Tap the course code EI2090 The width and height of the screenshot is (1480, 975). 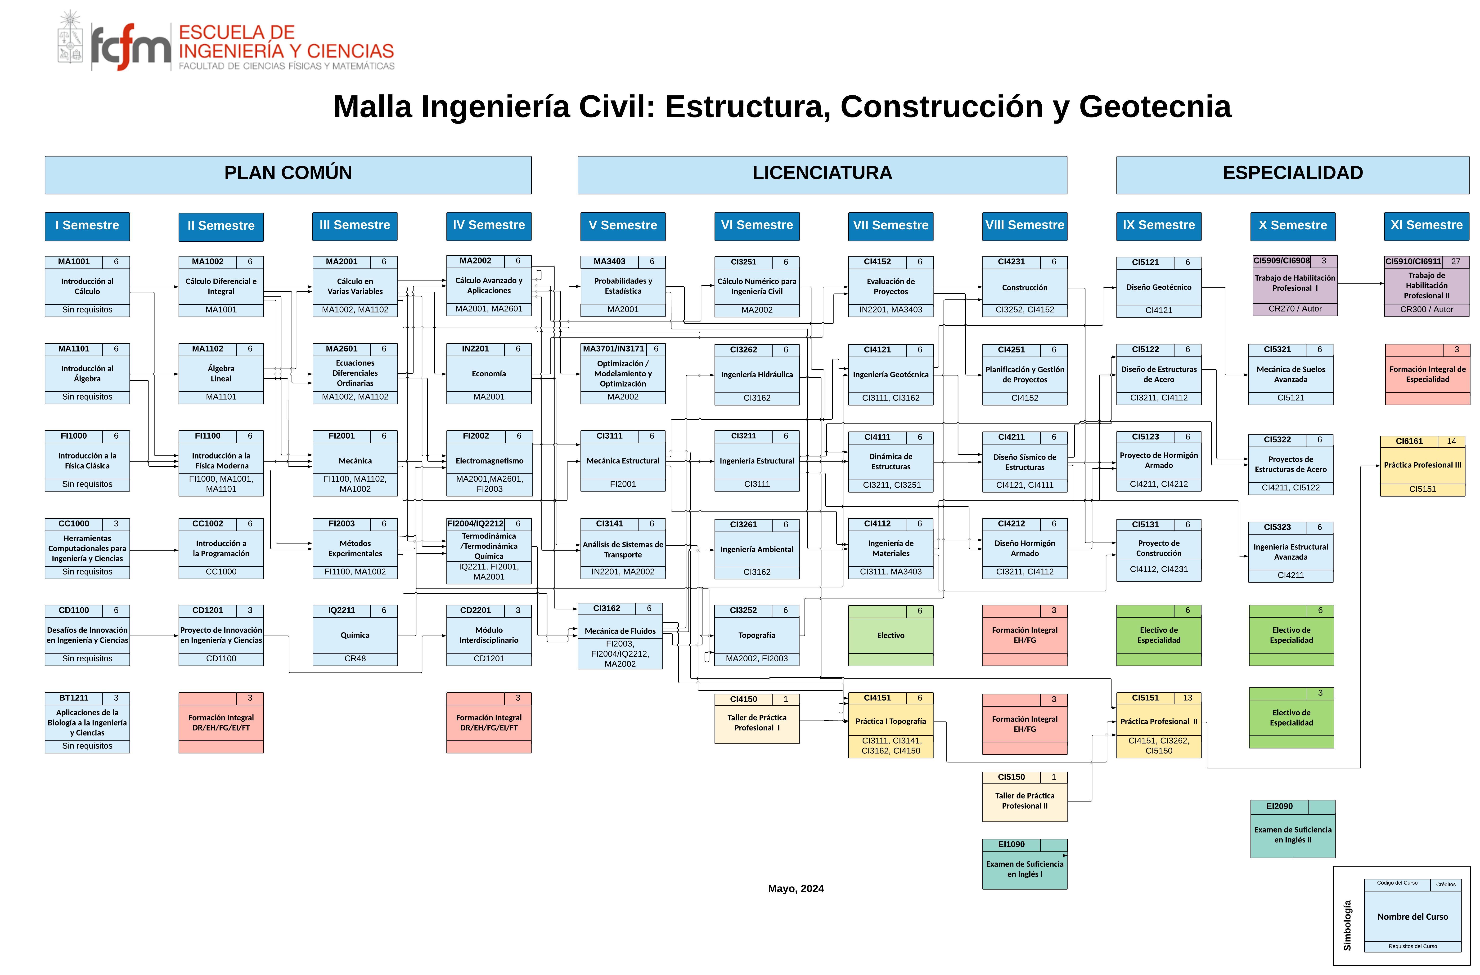[1279, 806]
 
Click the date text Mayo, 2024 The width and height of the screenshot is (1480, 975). [796, 889]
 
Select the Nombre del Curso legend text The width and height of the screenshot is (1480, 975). [1412, 917]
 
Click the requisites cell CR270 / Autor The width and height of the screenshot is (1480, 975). [1295, 309]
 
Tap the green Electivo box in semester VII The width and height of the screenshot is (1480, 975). [890, 636]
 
